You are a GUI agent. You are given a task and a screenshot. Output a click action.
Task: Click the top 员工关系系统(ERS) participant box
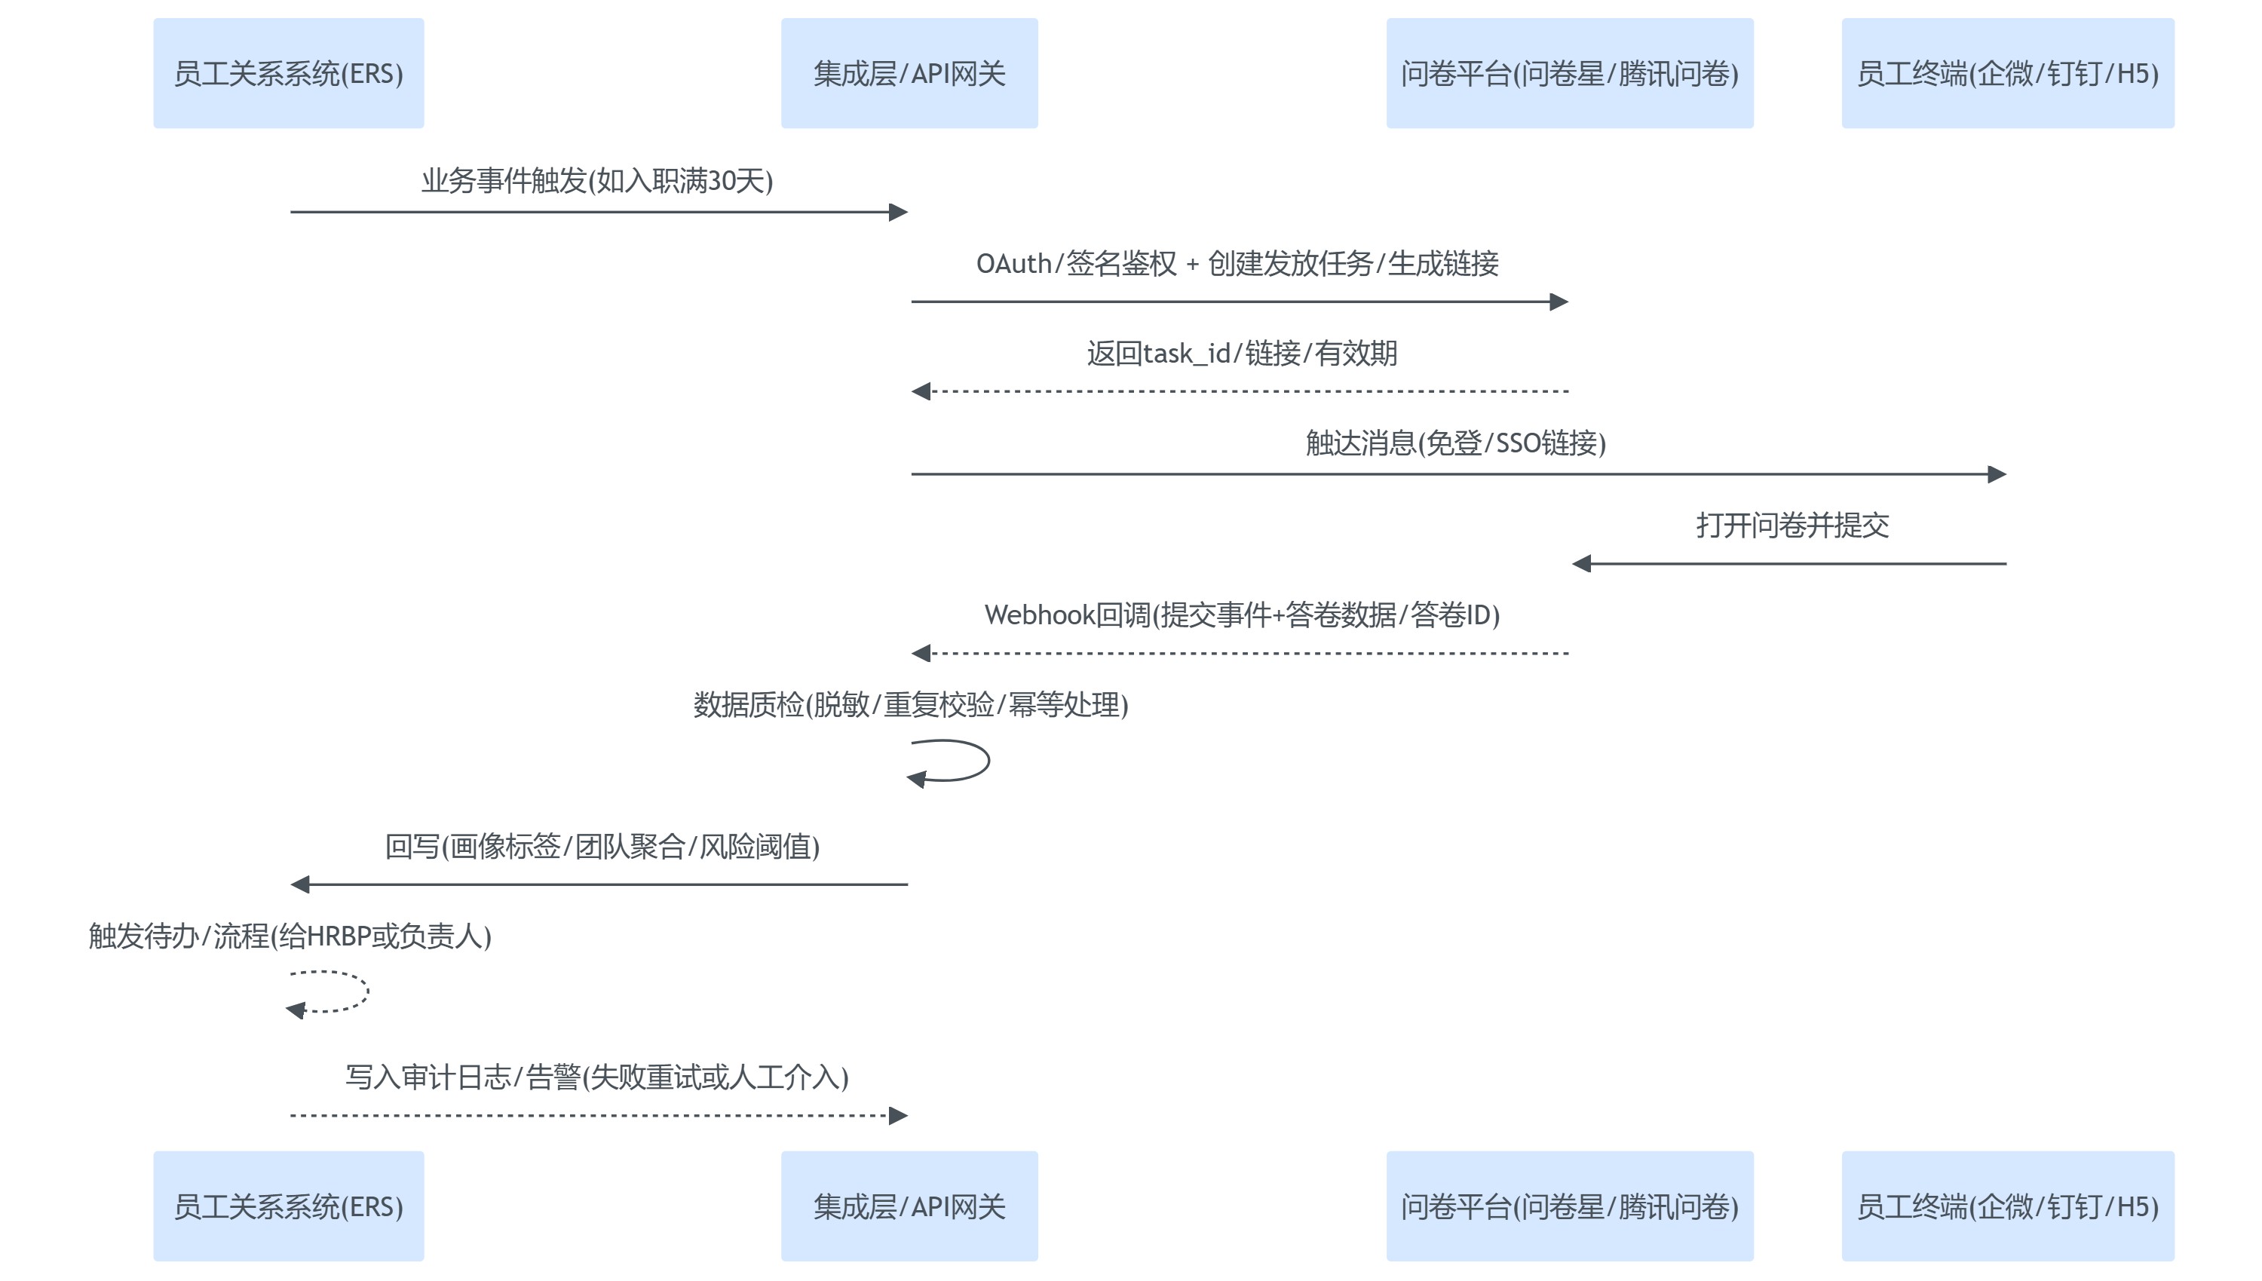pyautogui.click(x=289, y=73)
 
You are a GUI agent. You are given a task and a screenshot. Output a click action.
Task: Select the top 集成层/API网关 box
pyautogui.click(x=909, y=73)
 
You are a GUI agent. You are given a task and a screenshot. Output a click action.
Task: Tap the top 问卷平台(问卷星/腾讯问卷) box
pyautogui.click(x=1570, y=73)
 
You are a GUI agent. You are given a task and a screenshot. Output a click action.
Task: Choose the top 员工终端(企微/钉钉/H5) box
pyautogui.click(x=2007, y=73)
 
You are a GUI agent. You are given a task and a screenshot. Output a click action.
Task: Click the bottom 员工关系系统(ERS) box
pyautogui.click(x=289, y=1206)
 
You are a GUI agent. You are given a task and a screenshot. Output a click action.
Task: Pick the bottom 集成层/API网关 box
pyautogui.click(x=909, y=1206)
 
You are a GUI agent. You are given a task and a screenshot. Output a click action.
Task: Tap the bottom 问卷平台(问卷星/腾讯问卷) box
pyautogui.click(x=1570, y=1206)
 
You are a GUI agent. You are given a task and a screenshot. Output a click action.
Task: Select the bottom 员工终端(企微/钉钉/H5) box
pyautogui.click(x=2007, y=1206)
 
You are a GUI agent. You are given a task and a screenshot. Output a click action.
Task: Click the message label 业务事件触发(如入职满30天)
pyautogui.click(x=596, y=180)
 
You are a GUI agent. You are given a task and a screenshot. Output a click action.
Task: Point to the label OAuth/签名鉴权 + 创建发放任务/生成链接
pyautogui.click(x=1237, y=263)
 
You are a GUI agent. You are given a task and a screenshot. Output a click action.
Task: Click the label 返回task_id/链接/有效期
pyautogui.click(x=1241, y=353)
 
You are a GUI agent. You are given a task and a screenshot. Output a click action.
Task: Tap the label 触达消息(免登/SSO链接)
pyautogui.click(x=1455, y=443)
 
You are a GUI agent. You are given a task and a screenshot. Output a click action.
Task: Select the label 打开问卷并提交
pyautogui.click(x=1792, y=526)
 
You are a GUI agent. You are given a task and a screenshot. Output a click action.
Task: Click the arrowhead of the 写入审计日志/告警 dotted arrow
pyautogui.click(x=898, y=1116)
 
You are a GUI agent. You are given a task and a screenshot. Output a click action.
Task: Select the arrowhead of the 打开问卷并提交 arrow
pyautogui.click(x=1582, y=563)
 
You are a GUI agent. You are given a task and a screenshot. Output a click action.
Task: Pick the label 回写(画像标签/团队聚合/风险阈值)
pyautogui.click(x=602, y=847)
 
